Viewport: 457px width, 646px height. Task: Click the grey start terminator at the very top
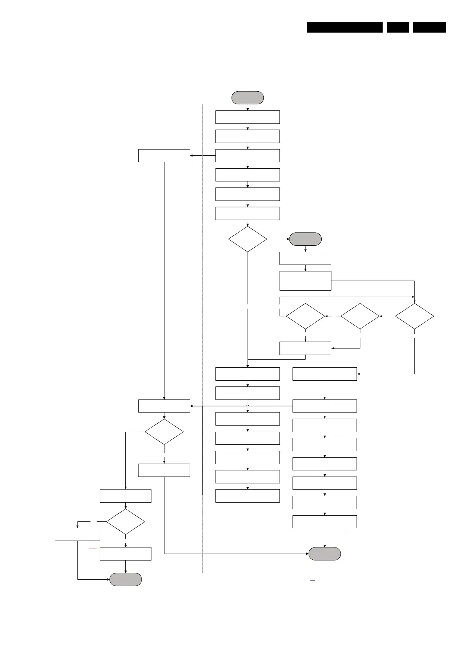tap(248, 98)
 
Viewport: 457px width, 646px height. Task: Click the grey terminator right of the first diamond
tap(305, 239)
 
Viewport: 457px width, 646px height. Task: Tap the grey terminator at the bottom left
tap(125, 579)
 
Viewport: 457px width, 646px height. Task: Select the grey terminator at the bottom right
tap(325, 554)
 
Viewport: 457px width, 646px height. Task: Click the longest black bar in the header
tap(344, 27)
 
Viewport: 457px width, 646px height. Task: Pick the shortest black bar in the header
tap(398, 27)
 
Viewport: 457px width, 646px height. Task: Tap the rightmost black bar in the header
tap(429, 27)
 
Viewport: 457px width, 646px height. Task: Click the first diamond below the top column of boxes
tap(248, 239)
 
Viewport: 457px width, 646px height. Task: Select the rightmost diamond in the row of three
tap(414, 316)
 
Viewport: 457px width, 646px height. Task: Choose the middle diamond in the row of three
tap(360, 316)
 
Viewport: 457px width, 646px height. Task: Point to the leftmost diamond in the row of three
tap(305, 316)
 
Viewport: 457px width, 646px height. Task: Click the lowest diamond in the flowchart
tap(125, 522)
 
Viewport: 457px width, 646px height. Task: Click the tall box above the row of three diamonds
tap(305, 281)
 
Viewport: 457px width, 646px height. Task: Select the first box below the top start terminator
tap(248, 117)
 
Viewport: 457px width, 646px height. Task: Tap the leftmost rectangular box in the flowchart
tap(77, 534)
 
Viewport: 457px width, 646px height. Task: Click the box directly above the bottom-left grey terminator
tap(125, 554)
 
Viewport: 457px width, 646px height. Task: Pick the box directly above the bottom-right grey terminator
tap(325, 522)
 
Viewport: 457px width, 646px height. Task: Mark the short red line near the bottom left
tap(93, 549)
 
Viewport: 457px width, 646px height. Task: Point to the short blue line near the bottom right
tap(312, 581)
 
